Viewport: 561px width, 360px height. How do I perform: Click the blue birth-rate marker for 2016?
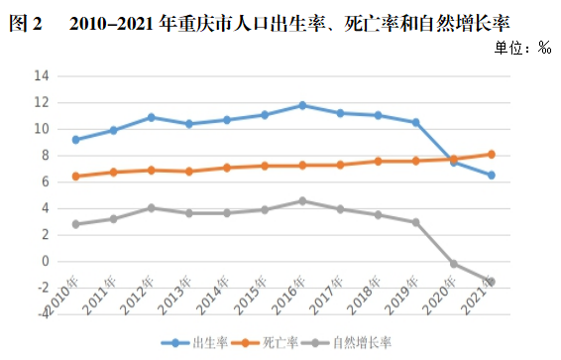(302, 105)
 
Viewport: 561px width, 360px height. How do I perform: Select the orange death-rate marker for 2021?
(492, 154)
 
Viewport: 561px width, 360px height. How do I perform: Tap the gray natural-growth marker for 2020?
(454, 264)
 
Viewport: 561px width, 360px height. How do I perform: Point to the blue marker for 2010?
(75, 140)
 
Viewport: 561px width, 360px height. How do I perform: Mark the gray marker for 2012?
(151, 208)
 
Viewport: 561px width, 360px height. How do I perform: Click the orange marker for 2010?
(75, 177)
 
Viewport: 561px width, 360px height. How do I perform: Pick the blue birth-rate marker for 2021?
(492, 176)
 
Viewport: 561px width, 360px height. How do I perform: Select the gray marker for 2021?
(492, 282)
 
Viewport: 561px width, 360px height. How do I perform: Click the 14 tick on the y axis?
(41, 75)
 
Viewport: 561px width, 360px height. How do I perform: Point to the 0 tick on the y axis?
(45, 261)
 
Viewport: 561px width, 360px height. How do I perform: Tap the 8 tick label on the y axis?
(45, 155)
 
